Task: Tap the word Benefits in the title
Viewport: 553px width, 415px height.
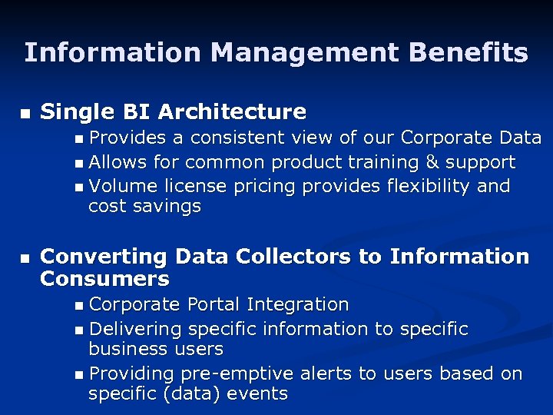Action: tap(469, 53)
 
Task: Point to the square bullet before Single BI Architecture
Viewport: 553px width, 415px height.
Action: tap(25, 114)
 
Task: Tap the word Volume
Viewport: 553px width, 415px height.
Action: tap(119, 187)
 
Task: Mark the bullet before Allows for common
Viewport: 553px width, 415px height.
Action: tap(81, 164)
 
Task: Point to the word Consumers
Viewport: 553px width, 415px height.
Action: tap(104, 277)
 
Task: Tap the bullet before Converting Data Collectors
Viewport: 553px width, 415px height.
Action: tap(25, 258)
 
